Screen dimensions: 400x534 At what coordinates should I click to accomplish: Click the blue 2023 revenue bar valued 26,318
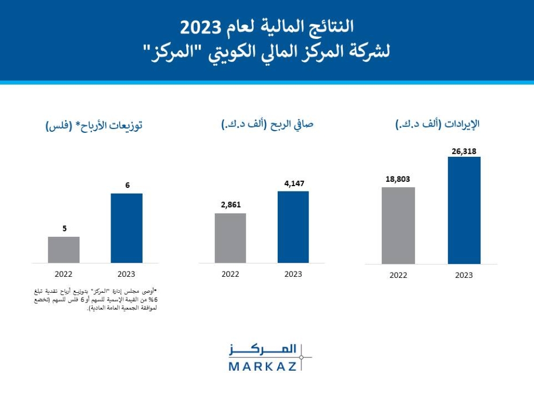[x=464, y=210]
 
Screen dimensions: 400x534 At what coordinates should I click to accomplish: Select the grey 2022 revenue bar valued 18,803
[x=398, y=225]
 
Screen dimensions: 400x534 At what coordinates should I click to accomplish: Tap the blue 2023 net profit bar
[x=293, y=227]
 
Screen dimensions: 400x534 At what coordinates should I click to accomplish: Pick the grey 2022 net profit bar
[x=230, y=238]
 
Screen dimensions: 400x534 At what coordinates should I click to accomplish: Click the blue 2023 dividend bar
[x=127, y=228]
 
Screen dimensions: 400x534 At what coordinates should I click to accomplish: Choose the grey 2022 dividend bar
[x=64, y=250]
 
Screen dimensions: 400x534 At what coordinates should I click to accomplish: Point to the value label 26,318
[x=464, y=151]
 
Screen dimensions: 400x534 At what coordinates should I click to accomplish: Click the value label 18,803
[x=398, y=180]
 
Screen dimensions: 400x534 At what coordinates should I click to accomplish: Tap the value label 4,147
[x=293, y=183]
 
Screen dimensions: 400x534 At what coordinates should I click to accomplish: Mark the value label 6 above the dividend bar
[x=128, y=185]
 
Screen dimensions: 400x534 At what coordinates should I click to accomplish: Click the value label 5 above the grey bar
[x=65, y=228]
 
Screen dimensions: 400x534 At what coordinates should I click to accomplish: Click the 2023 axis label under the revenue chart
[x=464, y=275]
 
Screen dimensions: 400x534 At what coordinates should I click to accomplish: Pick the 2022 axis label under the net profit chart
[x=230, y=274]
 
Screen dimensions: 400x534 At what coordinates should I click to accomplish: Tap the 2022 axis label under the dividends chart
[x=64, y=274]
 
